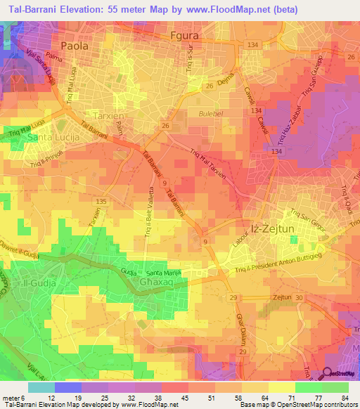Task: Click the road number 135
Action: coord(102,202)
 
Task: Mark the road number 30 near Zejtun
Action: coord(300,298)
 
